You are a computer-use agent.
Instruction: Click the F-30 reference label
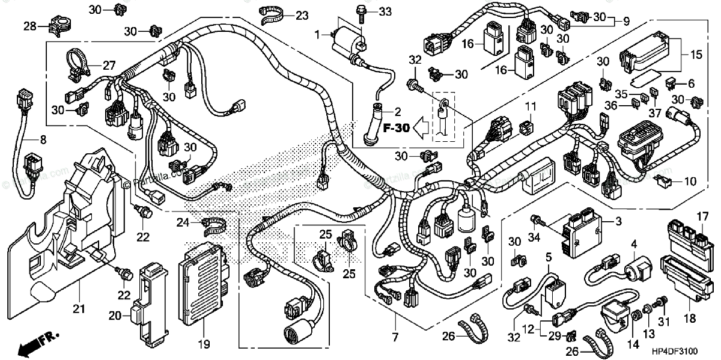[x=395, y=128]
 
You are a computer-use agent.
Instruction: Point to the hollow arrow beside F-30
[x=424, y=128]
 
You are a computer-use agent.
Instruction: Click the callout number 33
[x=385, y=11]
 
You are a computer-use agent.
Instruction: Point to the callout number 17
[x=702, y=216]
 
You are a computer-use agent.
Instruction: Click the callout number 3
[x=617, y=221]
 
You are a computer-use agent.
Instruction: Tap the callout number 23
[x=301, y=15]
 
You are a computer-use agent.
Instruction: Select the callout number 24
[x=183, y=223]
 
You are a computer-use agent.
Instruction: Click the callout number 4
[x=633, y=244]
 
